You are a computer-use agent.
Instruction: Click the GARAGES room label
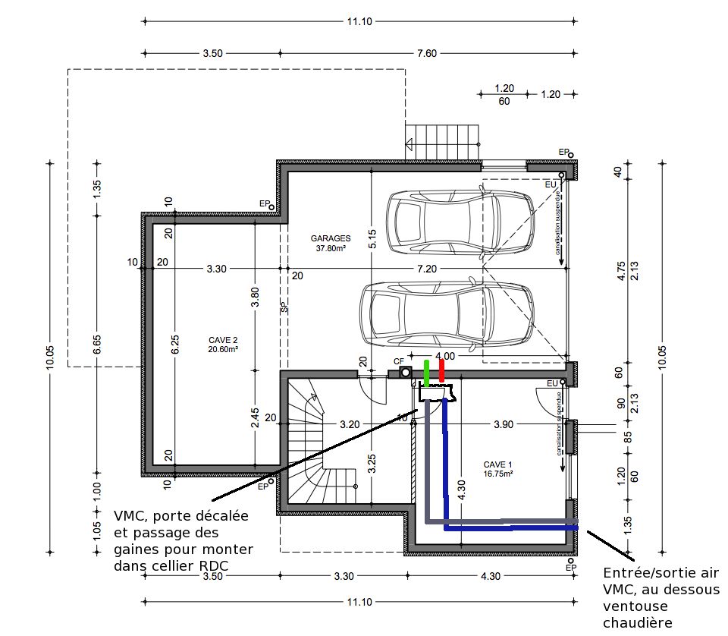[331, 243]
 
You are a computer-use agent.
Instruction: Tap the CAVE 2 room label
[223, 345]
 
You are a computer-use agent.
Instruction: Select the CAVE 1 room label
[497, 469]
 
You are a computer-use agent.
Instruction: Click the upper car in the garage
[461, 222]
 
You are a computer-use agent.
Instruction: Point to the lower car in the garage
[447, 315]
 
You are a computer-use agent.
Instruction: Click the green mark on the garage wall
[427, 373]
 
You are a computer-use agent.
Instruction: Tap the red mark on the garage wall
[441, 370]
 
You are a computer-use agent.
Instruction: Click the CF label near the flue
[399, 361]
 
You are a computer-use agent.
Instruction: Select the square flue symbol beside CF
[405, 372]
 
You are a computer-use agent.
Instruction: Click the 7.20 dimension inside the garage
[427, 269]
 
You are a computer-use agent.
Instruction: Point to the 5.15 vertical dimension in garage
[372, 239]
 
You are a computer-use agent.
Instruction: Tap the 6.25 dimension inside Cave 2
[175, 345]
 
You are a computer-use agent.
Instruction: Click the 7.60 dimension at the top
[427, 53]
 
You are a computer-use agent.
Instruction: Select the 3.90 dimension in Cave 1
[504, 424]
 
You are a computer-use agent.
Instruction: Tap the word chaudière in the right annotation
[638, 623]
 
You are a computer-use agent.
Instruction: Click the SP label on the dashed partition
[284, 307]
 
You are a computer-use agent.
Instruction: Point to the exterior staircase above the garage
[442, 142]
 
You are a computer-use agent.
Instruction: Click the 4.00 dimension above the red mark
[445, 356]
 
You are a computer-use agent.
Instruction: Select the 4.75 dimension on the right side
[622, 271]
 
